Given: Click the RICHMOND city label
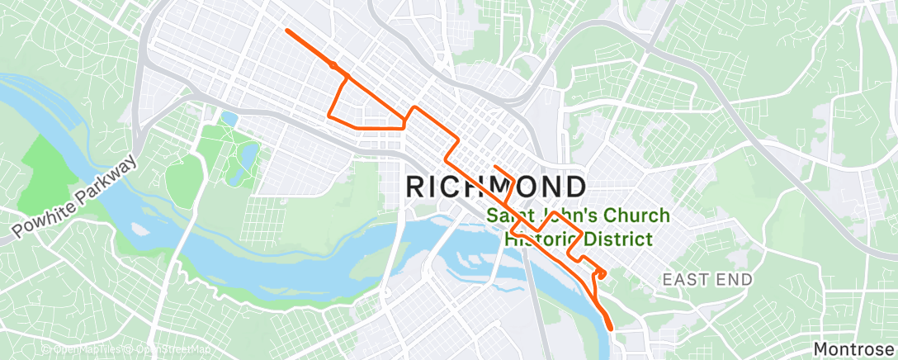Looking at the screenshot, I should (497, 186).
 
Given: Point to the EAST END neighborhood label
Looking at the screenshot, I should (707, 280).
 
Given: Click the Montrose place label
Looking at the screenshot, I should (854, 349).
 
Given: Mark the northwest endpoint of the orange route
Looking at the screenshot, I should (286, 31).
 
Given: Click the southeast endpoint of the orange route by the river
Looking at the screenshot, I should (612, 328).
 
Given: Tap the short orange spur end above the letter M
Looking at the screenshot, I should (494, 167).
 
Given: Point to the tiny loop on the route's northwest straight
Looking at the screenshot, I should (333, 64).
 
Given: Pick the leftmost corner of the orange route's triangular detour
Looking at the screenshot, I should (330, 116).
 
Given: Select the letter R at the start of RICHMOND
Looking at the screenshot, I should (418, 186).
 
